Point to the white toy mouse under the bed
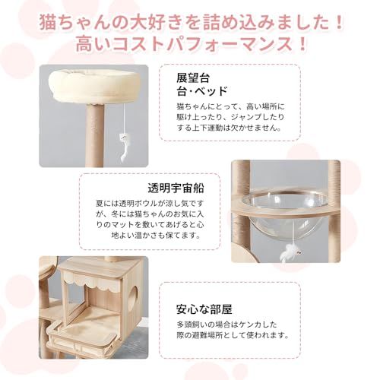click(x=121, y=143)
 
